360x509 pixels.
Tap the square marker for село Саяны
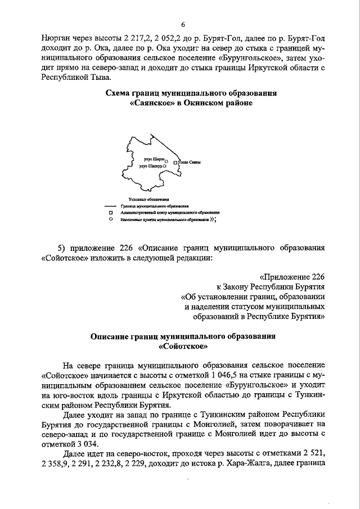pyautogui.click(x=175, y=163)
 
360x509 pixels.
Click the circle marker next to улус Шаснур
pyautogui.click(x=164, y=167)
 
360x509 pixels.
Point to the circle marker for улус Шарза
pyautogui.click(x=166, y=161)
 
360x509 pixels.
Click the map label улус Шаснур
pyautogui.click(x=150, y=167)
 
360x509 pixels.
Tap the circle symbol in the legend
pyautogui.click(x=111, y=220)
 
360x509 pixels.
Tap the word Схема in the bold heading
pyautogui.click(x=119, y=92)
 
